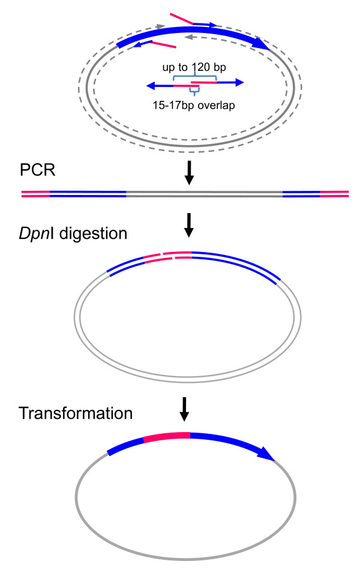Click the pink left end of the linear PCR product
click(x=35, y=194)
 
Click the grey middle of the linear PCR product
click(x=204, y=194)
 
